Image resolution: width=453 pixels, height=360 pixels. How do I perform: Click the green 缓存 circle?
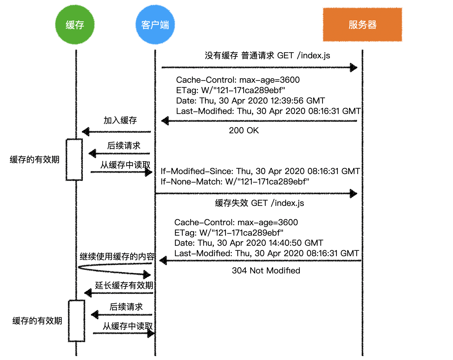(75, 25)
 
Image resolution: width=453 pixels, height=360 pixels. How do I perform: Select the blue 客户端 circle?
(155, 25)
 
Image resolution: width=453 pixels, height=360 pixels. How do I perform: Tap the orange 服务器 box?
(362, 25)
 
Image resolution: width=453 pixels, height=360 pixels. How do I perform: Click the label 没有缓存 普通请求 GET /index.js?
(267, 56)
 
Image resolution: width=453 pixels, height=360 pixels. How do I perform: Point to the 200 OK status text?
(244, 130)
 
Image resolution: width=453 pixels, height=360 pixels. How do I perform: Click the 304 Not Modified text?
(266, 270)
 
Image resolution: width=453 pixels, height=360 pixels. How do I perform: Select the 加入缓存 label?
(120, 120)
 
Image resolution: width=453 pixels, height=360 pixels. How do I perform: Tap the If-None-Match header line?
(235, 181)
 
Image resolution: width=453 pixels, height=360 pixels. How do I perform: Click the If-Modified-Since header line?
(260, 171)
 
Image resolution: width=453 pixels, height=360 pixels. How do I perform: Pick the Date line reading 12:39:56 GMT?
(250, 101)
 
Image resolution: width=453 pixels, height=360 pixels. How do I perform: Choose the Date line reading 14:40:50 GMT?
(249, 243)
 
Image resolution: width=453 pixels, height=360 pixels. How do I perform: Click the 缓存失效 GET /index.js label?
(259, 203)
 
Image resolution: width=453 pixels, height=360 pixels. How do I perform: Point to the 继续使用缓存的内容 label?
(117, 256)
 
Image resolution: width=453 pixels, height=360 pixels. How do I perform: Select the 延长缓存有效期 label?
(124, 285)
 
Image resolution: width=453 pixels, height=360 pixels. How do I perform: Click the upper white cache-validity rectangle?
(74, 159)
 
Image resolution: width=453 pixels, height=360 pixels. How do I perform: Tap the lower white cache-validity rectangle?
(76, 321)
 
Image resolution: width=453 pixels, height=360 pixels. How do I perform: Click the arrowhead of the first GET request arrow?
(354, 68)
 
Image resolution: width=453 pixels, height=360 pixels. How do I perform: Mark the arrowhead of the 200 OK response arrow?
(165, 121)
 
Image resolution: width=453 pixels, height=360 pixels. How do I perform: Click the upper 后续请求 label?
(124, 145)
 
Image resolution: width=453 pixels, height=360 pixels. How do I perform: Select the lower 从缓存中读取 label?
(127, 326)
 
